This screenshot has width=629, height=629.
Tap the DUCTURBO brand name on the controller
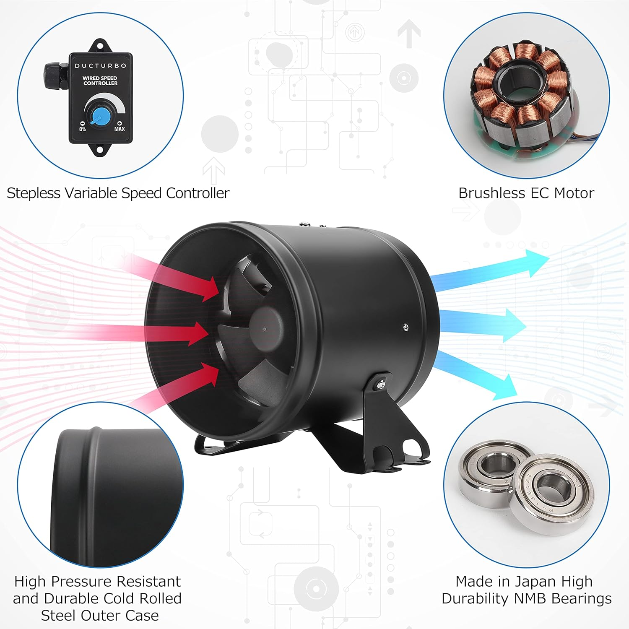click(x=100, y=66)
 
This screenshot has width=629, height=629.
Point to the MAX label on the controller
click(x=120, y=129)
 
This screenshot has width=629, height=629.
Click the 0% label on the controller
click(x=83, y=129)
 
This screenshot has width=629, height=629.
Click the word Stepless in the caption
click(x=34, y=193)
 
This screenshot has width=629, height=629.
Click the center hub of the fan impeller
click(x=265, y=328)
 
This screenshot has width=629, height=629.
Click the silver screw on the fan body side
click(x=405, y=327)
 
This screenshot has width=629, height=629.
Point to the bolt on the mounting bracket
click(x=381, y=384)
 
